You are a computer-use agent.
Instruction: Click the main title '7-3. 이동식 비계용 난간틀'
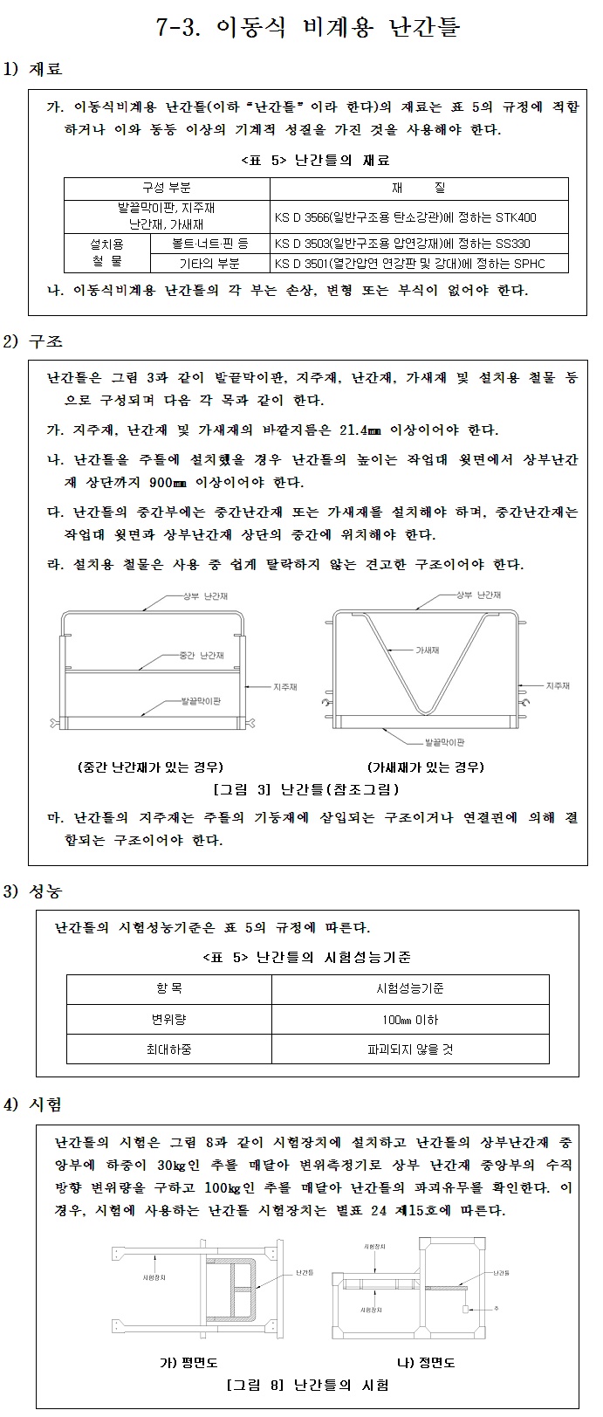[307, 28]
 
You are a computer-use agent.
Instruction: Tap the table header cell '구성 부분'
[166, 189]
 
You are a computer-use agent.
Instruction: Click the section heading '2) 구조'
[34, 341]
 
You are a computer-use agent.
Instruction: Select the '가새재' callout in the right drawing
[427, 650]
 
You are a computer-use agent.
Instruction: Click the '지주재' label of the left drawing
[285, 687]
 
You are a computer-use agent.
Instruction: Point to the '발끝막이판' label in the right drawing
[444, 741]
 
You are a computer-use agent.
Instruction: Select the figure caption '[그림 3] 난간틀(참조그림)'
[306, 789]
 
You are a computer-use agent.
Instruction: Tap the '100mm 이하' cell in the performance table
[410, 1020]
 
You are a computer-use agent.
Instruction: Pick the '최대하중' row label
[168, 1049]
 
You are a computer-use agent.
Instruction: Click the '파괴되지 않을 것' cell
[410, 1049]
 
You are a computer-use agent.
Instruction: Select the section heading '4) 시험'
[34, 1105]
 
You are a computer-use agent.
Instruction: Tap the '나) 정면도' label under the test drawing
[425, 1363]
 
